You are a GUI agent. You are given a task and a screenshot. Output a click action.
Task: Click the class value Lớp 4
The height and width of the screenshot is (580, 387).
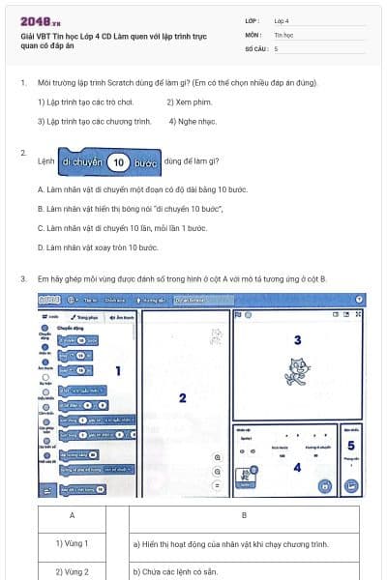282,19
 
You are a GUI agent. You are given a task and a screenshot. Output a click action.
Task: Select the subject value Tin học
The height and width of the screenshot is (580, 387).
283,33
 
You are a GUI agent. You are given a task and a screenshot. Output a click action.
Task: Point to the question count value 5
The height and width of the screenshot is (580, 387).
277,47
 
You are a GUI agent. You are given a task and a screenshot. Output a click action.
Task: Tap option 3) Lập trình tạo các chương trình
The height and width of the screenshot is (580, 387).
94,121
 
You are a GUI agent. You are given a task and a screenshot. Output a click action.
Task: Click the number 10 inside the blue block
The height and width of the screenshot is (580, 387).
118,162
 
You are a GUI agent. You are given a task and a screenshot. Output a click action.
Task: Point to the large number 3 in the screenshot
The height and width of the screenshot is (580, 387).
297,340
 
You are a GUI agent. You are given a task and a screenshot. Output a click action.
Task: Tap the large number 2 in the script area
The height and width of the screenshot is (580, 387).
182,397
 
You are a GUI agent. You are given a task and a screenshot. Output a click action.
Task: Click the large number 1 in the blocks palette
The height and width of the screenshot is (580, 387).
117,370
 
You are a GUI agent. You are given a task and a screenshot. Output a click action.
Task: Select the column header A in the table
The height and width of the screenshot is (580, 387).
73,515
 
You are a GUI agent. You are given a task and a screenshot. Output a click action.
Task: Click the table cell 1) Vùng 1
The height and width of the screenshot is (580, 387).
73,543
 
